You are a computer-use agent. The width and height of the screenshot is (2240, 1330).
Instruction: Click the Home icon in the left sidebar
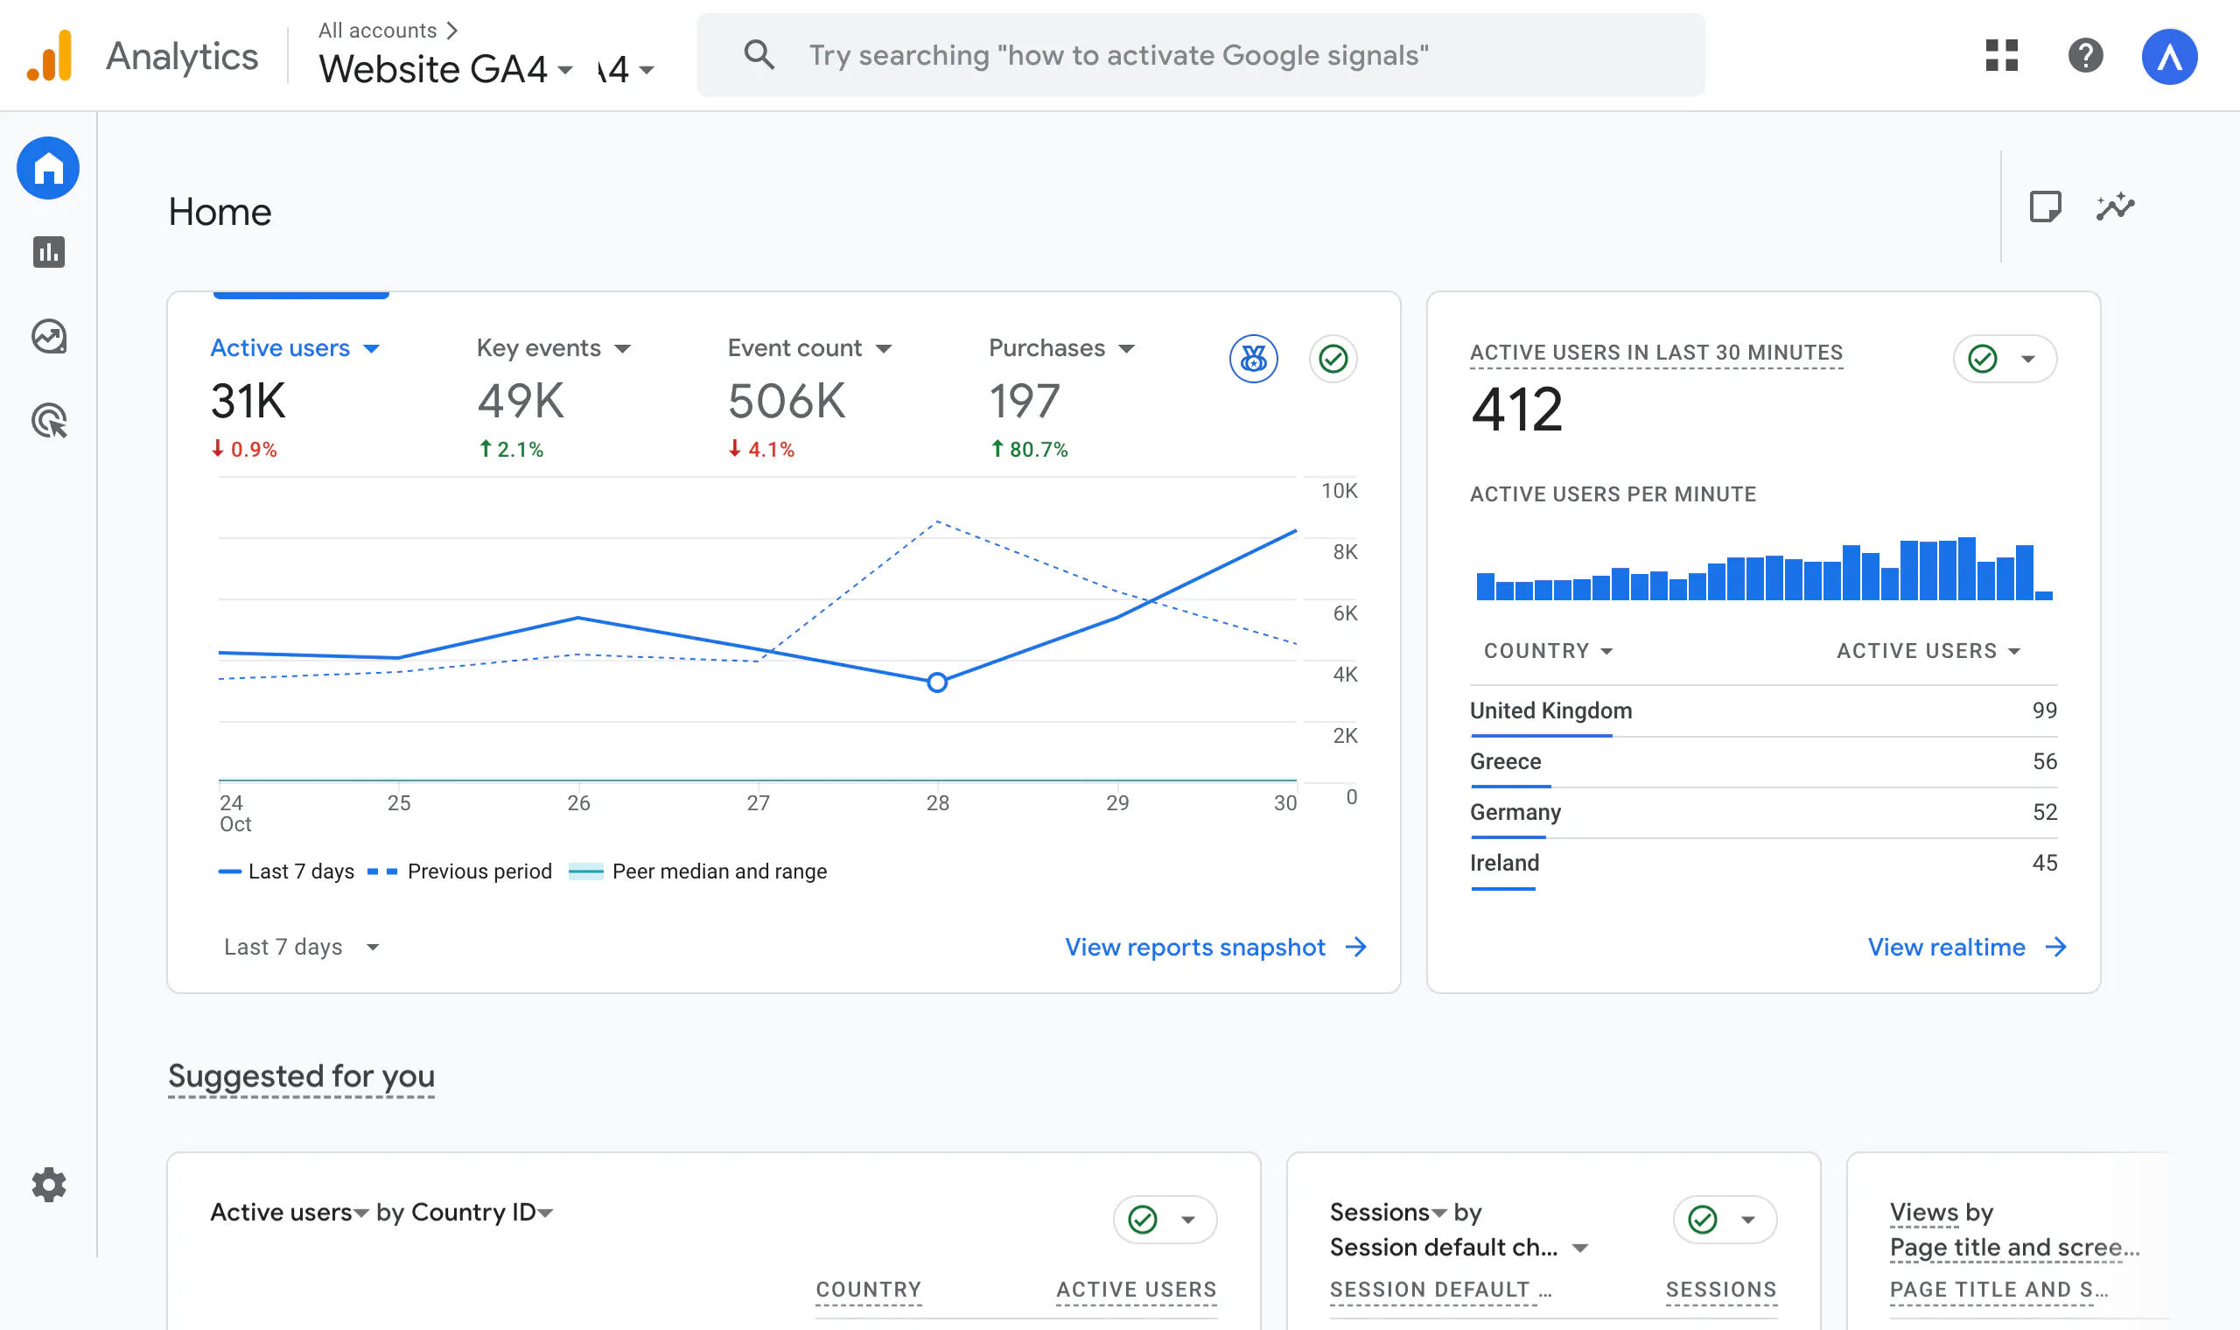click(48, 169)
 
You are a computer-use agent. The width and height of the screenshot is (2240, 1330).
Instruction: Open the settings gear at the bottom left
click(48, 1185)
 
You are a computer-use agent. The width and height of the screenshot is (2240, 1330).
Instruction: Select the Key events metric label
click(538, 347)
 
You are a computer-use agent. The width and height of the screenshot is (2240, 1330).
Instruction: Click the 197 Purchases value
click(1023, 401)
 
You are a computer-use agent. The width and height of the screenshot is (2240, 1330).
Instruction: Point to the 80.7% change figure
click(1037, 449)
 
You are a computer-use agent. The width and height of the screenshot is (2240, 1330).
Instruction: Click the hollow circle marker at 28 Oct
click(936, 682)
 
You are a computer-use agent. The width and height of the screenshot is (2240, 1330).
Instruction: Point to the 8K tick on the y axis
click(1344, 552)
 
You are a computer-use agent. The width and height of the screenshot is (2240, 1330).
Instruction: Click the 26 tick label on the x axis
click(577, 803)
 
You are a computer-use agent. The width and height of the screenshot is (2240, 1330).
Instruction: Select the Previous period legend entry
click(479, 871)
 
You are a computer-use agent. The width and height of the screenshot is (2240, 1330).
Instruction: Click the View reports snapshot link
click(1194, 948)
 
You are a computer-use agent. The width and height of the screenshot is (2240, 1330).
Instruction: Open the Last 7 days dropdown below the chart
click(300, 948)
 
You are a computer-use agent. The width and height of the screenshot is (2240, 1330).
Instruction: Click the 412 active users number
click(1516, 409)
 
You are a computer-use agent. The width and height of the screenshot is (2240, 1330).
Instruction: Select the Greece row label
click(1505, 762)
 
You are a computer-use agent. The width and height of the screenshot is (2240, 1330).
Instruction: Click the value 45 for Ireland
click(2044, 863)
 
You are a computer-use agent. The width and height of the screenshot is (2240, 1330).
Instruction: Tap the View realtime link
click(1945, 948)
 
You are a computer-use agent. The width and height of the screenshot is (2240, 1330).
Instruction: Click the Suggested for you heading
click(301, 1075)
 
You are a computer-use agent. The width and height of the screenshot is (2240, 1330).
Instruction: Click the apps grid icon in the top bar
click(2001, 56)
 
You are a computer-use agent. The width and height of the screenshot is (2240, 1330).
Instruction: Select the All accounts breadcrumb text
click(377, 31)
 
